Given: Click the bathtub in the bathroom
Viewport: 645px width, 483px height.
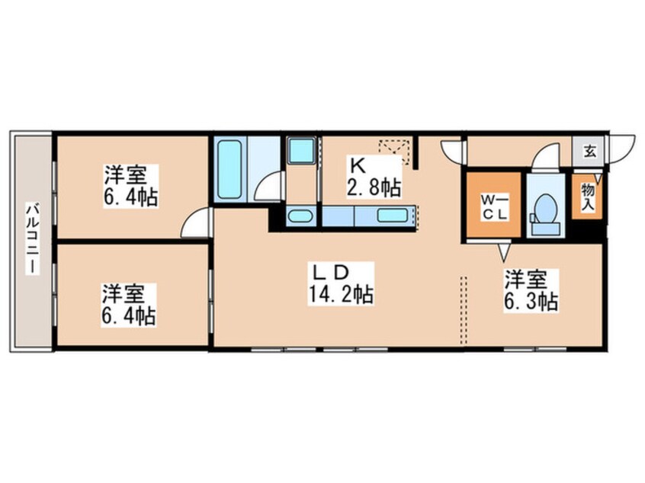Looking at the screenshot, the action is (229, 169).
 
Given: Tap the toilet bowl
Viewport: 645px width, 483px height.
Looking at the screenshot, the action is (545, 209).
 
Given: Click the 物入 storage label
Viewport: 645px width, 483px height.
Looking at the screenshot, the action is (587, 197).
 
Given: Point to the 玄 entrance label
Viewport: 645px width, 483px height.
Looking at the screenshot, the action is (589, 152).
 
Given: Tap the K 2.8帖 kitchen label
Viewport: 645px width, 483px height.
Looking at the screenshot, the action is (374, 177).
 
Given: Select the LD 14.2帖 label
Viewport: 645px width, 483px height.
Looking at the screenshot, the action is (341, 283).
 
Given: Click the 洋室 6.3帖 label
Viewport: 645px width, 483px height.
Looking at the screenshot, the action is (531, 290).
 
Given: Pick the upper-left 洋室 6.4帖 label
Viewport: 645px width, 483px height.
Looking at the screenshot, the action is (130, 185).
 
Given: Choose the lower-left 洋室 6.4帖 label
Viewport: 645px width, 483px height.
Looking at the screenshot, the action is (129, 305).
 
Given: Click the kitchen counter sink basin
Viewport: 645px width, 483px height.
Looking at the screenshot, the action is (393, 216).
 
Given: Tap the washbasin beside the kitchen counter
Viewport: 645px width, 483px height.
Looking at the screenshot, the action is (299, 216).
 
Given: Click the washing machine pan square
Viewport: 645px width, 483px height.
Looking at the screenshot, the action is (301, 151).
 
